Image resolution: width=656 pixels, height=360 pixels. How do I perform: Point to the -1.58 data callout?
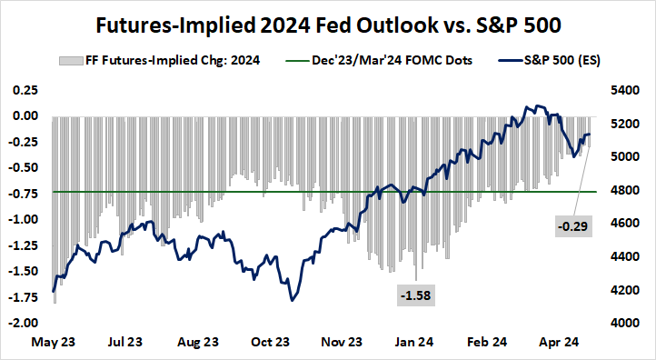416,295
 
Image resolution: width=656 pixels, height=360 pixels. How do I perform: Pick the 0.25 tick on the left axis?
25,91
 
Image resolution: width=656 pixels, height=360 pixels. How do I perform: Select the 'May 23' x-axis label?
53,344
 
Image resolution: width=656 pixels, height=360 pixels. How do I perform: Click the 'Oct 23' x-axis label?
271,344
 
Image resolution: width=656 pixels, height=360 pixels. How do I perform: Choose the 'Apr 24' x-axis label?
562,344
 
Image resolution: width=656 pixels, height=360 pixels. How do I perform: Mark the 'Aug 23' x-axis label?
198,344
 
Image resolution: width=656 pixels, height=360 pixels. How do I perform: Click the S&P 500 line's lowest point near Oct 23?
292,300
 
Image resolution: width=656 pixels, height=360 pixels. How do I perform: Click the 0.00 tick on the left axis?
25,116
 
